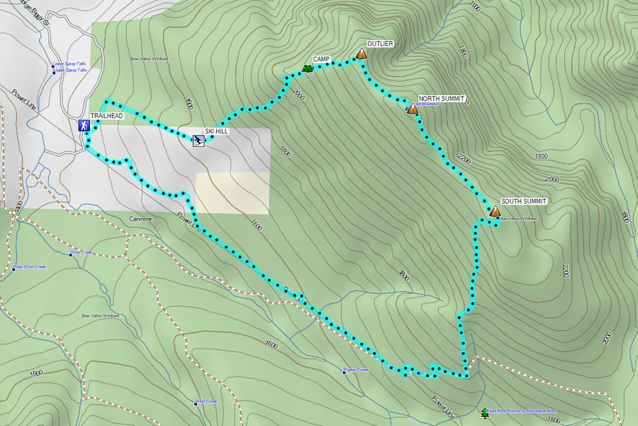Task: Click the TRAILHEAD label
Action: click(106, 116)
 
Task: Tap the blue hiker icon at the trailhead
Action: click(84, 126)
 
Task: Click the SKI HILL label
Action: click(216, 131)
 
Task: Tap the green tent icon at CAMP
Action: click(306, 68)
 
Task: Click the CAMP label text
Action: click(321, 59)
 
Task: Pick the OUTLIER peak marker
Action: click(362, 54)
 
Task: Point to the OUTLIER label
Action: click(380, 44)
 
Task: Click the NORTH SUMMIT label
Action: click(441, 99)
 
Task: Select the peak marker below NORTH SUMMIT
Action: click(413, 109)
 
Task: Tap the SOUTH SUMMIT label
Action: click(523, 202)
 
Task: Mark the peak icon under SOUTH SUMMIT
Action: click(495, 212)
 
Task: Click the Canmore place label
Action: click(140, 219)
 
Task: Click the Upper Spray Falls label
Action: click(70, 70)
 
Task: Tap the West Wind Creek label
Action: click(29, 267)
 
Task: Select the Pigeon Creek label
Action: click(356, 369)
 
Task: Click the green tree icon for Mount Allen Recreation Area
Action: click(485, 412)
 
